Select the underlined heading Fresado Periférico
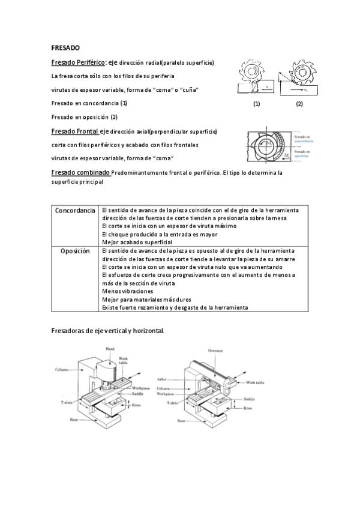[78, 62]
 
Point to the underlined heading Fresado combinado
[80, 172]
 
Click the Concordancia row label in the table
[75, 211]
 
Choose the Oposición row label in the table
[75, 251]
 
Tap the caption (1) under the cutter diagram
[256, 103]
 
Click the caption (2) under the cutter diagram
[299, 103]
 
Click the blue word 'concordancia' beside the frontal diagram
[304, 140]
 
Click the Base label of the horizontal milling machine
[181, 421]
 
